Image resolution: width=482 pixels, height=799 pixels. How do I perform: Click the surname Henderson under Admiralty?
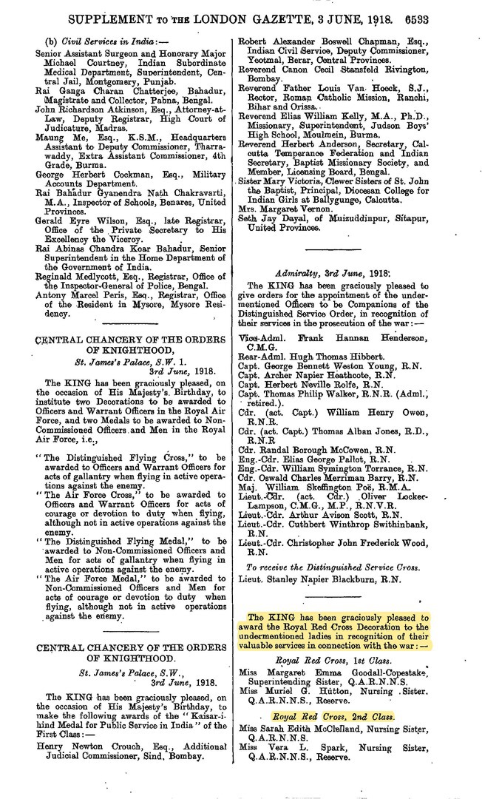[x=398, y=337]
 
